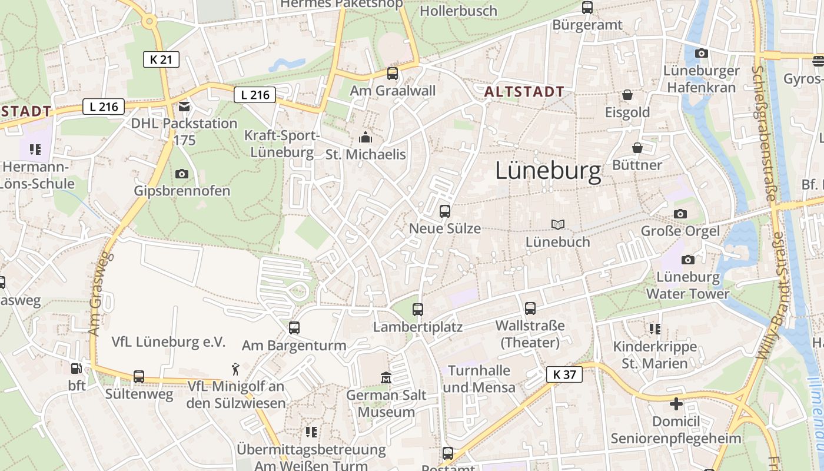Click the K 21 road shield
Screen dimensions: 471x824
pos(161,59)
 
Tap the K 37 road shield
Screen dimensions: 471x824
pos(564,374)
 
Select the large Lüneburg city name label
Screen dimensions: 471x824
pos(548,171)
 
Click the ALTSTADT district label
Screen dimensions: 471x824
pos(524,92)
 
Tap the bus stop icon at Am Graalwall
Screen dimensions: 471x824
pos(393,74)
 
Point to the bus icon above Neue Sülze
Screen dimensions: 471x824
pos(445,211)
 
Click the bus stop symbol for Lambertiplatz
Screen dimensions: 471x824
pos(418,309)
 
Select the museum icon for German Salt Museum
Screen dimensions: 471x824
pos(386,377)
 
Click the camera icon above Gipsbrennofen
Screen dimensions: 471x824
pos(182,174)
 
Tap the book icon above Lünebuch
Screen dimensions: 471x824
pos(557,224)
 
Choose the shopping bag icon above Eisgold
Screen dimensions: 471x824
pos(627,95)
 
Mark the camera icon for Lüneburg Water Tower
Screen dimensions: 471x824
pos(687,260)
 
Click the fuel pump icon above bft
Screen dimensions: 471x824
pos(77,369)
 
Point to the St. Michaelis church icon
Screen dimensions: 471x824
pos(366,138)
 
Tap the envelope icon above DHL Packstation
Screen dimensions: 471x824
pos(184,107)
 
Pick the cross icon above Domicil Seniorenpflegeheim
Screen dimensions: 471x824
pos(676,404)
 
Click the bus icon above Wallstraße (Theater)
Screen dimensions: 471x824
pos(530,308)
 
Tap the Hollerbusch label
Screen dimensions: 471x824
pos(458,11)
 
